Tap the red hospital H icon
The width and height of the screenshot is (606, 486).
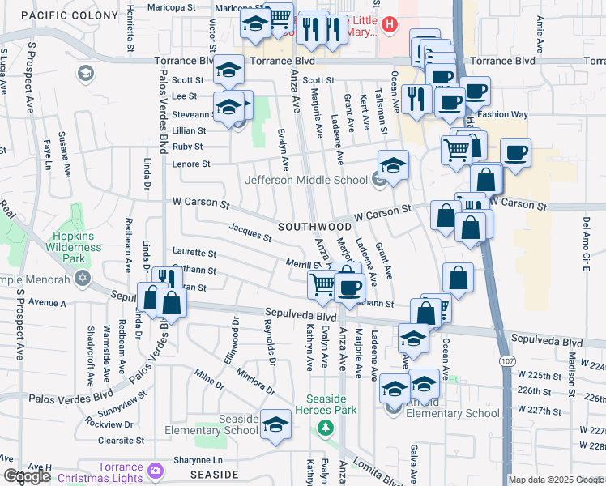[x=390, y=25]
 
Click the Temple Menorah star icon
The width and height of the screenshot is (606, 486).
[x=82, y=278]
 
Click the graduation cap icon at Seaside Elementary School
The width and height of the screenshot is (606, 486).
[x=275, y=424]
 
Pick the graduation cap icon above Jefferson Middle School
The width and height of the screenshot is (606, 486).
[x=393, y=165]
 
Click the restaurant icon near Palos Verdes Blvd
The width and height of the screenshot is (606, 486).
[x=163, y=279]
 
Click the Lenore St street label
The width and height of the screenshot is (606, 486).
[x=190, y=164]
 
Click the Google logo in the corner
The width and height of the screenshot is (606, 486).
[x=27, y=476]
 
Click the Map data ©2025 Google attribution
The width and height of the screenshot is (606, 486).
[x=555, y=479]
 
